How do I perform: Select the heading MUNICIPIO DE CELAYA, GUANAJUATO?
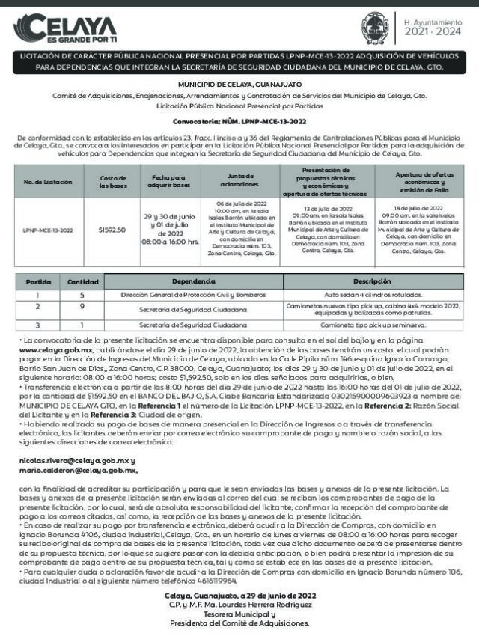tap(239, 84)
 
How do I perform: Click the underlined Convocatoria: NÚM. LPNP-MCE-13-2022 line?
tap(239, 120)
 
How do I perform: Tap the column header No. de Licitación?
tap(47, 182)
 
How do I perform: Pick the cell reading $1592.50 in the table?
tap(112, 230)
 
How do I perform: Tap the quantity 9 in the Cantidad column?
tap(82, 307)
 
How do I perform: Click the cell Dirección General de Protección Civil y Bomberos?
tap(192, 294)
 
